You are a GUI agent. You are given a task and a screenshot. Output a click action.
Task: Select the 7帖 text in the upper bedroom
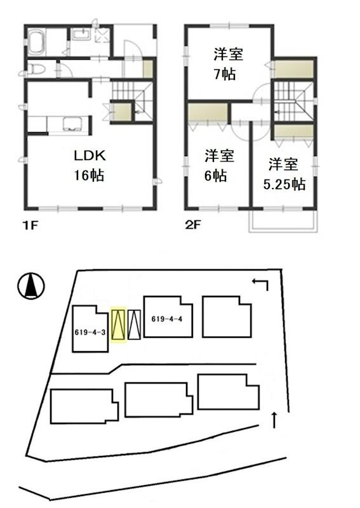pos(225,74)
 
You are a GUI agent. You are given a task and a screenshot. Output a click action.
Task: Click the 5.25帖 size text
pos(284,185)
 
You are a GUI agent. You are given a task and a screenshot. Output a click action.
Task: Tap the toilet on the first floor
pos(38,68)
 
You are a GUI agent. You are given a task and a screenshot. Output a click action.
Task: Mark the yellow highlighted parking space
pos(118,324)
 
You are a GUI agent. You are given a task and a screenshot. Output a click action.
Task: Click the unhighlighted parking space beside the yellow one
pos(133,324)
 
